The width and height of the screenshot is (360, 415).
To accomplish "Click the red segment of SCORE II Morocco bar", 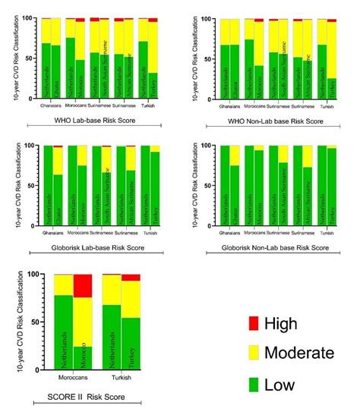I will tap(82, 286).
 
